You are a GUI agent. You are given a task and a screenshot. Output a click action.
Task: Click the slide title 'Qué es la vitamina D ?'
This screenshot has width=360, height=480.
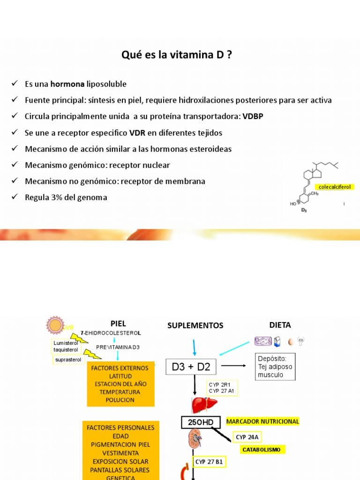tap(176, 55)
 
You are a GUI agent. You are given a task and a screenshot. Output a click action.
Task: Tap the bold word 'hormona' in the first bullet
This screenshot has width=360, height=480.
tap(67, 84)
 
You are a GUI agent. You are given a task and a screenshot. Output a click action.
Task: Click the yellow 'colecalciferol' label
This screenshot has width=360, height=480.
tap(335, 187)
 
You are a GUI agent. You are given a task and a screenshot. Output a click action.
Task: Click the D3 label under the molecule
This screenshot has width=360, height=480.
tap(303, 210)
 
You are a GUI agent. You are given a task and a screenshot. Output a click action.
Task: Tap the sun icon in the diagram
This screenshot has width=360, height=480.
tap(54, 326)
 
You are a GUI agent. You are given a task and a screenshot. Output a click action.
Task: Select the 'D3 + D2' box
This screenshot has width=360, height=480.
tap(191, 367)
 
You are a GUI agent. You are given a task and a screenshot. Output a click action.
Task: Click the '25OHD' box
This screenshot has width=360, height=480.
tap(201, 422)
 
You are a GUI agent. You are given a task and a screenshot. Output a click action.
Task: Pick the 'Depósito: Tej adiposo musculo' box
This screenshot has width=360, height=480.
tap(275, 367)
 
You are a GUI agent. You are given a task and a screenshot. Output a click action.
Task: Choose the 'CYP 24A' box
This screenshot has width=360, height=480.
tap(247, 437)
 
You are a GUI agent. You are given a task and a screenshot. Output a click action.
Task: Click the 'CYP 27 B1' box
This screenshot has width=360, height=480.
tap(209, 462)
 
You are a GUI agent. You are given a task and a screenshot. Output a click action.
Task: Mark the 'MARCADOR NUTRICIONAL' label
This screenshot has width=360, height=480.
tap(262, 421)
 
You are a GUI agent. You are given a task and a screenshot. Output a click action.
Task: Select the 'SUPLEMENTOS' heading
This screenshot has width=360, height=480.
tap(195, 325)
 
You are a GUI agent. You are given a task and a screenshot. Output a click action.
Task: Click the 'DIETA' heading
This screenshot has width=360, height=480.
tap(280, 325)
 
